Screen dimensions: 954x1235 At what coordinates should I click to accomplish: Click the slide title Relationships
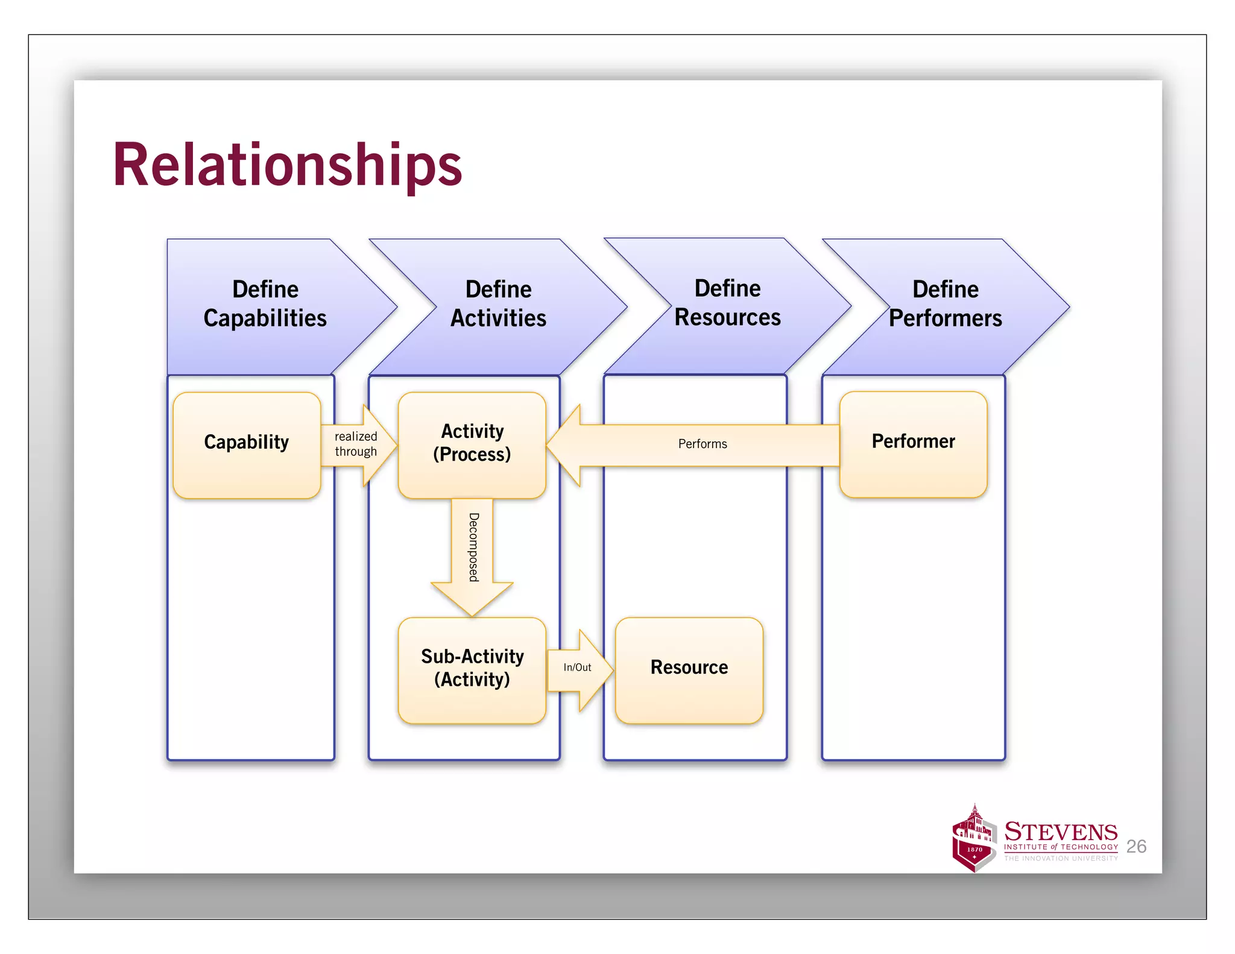tap(287, 165)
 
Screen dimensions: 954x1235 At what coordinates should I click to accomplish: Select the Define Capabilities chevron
tap(265, 304)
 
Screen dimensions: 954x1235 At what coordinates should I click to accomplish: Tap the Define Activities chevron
tap(498, 304)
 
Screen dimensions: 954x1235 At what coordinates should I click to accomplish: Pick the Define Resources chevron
tap(727, 303)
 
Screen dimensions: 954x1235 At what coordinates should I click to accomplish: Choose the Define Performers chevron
tap(945, 304)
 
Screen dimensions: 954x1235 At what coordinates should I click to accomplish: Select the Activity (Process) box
tap(472, 444)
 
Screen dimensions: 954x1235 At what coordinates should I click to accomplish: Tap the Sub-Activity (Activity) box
tap(472, 669)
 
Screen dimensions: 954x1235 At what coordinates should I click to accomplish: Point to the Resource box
tap(689, 669)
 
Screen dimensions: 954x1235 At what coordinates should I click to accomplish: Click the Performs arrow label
tap(703, 444)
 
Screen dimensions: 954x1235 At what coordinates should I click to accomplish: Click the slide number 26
tap(1136, 847)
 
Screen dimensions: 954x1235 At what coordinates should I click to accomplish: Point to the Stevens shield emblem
tap(973, 841)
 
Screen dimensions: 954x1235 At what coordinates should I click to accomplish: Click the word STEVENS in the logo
tap(1061, 832)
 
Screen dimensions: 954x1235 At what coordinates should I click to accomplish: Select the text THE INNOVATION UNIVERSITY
tap(1061, 858)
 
